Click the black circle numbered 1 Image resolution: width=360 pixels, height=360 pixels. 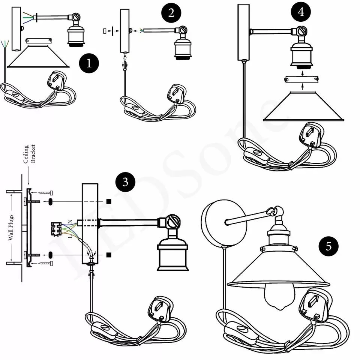click(x=89, y=63)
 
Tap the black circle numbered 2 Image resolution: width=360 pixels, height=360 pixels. click(x=171, y=14)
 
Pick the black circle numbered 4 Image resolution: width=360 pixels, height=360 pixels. click(x=301, y=12)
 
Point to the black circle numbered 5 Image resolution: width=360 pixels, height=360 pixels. click(x=328, y=246)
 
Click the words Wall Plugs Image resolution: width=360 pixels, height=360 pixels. click(x=11, y=227)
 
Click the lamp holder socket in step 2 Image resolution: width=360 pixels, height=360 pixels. click(x=182, y=47)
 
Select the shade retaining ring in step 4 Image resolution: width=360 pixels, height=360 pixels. click(x=302, y=79)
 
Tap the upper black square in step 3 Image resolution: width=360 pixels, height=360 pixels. click(x=108, y=201)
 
